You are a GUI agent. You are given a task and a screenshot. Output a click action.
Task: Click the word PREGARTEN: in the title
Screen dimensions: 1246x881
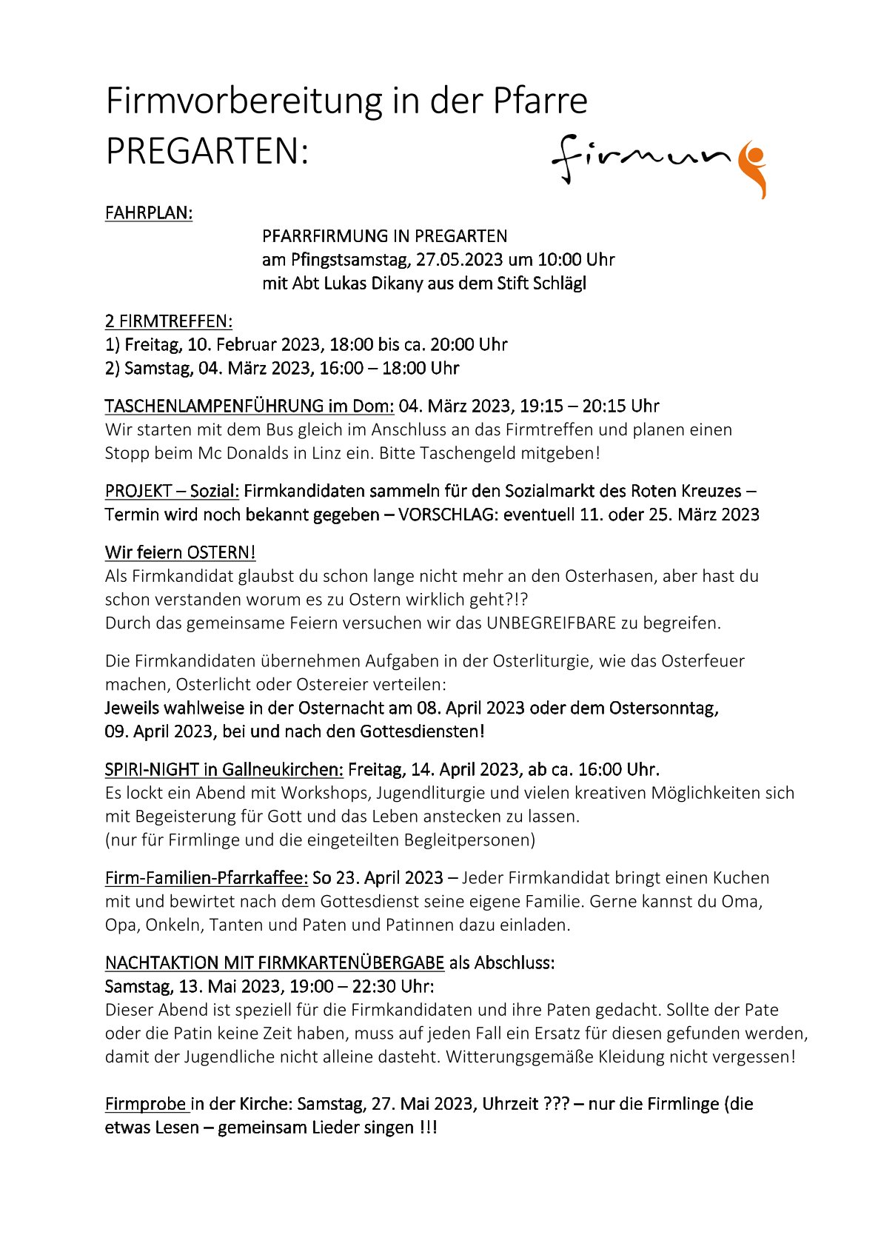coord(207,152)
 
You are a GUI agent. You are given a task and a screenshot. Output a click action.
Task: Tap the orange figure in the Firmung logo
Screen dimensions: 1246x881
coord(754,167)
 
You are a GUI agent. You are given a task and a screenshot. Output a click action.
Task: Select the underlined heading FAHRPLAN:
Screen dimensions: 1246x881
coord(149,213)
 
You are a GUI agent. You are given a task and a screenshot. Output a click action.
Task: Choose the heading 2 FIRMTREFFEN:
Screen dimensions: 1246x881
coord(169,321)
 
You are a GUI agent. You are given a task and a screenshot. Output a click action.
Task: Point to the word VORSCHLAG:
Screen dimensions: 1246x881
coord(448,515)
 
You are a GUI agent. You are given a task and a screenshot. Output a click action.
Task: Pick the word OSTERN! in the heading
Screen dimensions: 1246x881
coord(221,553)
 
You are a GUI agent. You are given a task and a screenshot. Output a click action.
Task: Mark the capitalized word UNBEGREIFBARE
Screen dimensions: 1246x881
coord(552,623)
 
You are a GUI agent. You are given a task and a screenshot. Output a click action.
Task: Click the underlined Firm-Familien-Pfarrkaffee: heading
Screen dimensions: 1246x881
coord(207,878)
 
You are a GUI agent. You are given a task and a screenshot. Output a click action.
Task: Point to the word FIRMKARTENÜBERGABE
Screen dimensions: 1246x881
coord(351,963)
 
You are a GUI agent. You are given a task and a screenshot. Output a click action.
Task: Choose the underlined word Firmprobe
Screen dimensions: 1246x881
coord(146,1105)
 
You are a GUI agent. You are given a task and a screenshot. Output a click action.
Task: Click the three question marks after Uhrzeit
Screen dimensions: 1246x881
coord(555,1105)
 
